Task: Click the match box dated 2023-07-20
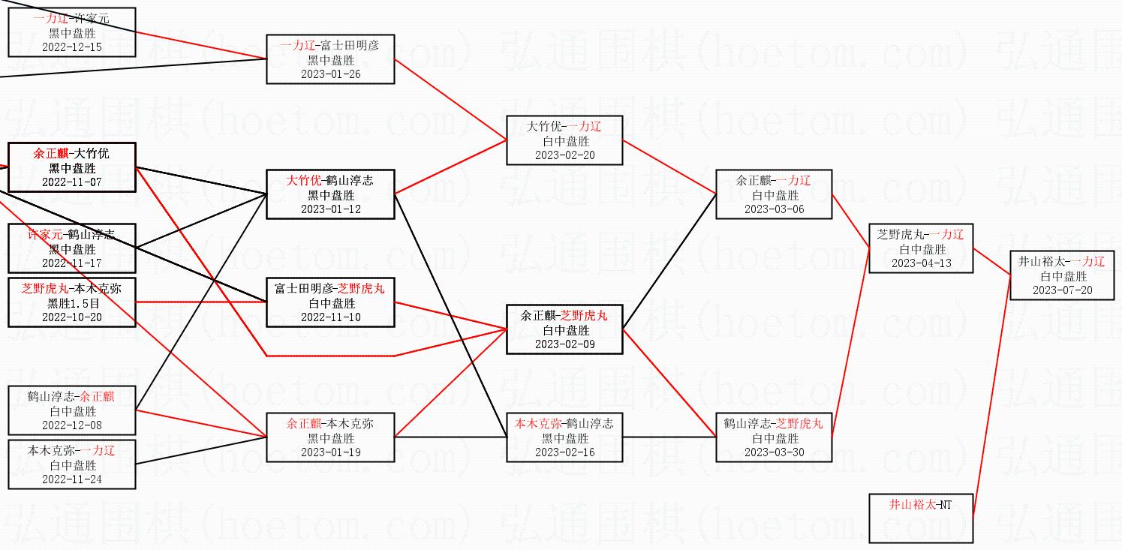(1061, 275)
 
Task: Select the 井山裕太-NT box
(921, 518)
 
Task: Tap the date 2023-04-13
(920, 263)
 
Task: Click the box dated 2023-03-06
(774, 194)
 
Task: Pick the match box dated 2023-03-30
(774, 437)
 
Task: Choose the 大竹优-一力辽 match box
(564, 140)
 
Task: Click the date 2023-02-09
(564, 344)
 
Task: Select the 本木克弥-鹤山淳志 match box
(564, 437)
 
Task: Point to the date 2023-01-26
(330, 74)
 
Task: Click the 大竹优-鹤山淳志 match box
(330, 194)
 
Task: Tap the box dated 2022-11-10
(330, 302)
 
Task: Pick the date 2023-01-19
(330, 452)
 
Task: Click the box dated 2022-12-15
(72, 32)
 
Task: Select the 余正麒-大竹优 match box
(72, 167)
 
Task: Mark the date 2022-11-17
(72, 263)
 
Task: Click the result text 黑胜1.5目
(72, 303)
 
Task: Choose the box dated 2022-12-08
(72, 410)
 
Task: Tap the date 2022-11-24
(72, 479)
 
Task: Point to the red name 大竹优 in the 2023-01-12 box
(303, 180)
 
